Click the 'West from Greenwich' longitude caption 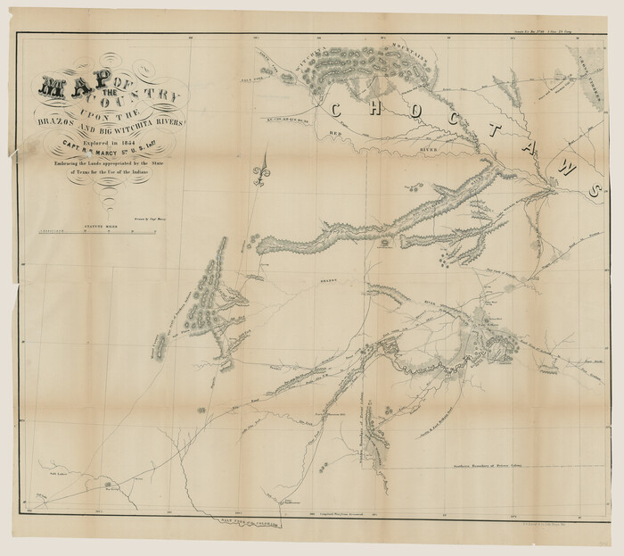click(x=339, y=514)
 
